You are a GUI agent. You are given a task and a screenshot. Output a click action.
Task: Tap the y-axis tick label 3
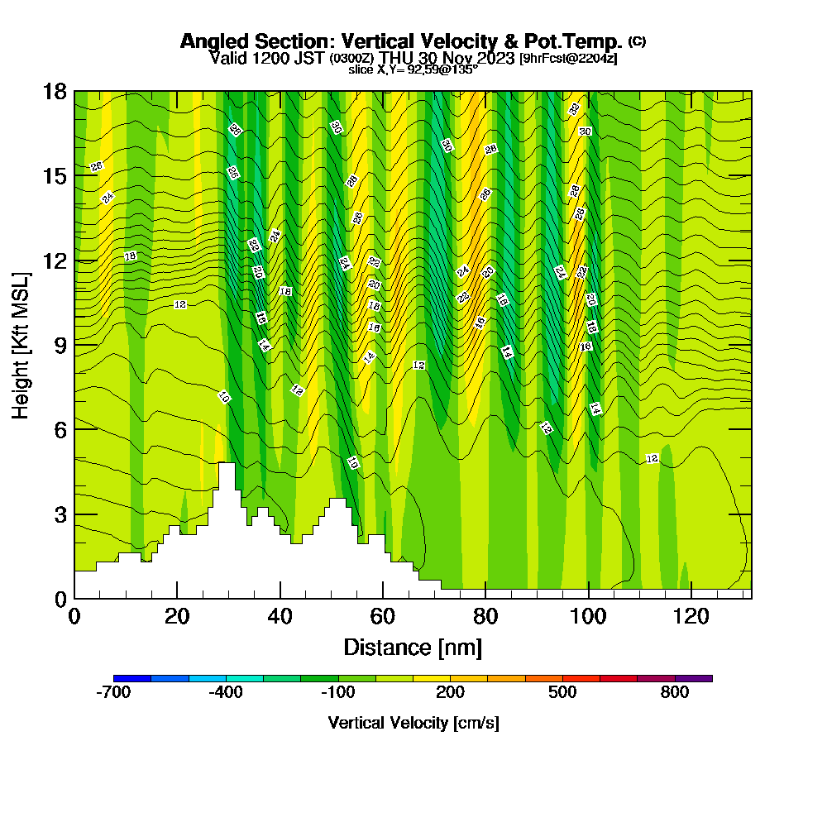[60, 514]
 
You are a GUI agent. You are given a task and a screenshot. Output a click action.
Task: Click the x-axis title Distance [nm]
[413, 646]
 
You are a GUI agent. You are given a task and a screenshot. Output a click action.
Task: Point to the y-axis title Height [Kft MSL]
[21, 343]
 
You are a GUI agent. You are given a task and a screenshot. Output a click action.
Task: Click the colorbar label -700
[113, 693]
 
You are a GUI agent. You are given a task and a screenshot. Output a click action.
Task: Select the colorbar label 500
[562, 693]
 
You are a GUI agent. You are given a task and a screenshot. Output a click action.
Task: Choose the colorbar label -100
[337, 693]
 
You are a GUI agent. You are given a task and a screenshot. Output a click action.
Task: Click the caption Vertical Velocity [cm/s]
[413, 723]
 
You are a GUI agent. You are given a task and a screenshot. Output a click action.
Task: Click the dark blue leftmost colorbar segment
[132, 678]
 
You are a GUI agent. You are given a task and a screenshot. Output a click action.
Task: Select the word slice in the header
[361, 70]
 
